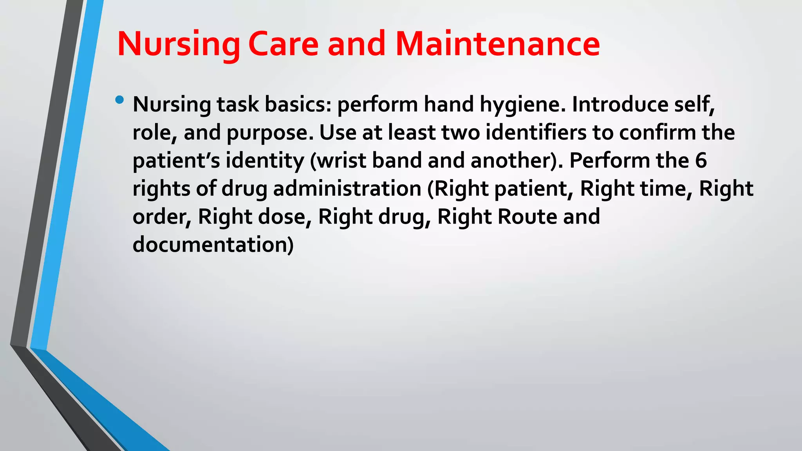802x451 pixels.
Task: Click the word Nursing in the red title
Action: [178, 44]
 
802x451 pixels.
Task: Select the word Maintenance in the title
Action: [497, 44]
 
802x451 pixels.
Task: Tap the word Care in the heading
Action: [283, 44]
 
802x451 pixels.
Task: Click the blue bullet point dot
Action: [119, 100]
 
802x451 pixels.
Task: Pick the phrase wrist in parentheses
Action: [340, 161]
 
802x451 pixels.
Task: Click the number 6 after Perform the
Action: [701, 161]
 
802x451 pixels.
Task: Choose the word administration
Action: [347, 189]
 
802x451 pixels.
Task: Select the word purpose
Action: [270, 133]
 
